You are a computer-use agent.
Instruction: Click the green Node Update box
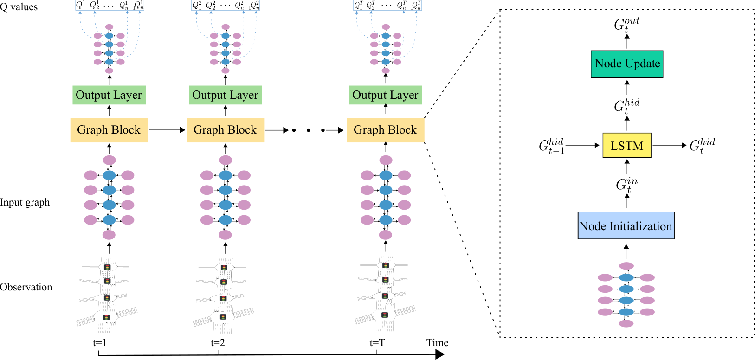point(627,64)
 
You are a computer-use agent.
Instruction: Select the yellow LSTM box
point(627,145)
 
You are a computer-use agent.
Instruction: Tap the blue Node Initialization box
point(626,225)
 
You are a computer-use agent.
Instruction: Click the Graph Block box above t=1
point(109,130)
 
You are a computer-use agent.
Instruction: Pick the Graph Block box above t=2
point(225,130)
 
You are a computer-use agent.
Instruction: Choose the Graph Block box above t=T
point(385,130)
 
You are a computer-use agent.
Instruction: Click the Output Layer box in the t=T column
point(385,95)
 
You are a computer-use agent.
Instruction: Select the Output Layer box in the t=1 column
point(109,95)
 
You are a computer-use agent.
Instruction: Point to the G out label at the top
point(626,25)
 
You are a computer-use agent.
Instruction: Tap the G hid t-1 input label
point(551,146)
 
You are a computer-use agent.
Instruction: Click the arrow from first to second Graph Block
point(168,130)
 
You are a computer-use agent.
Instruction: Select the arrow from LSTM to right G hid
point(670,145)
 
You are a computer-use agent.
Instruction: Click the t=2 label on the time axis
point(218,343)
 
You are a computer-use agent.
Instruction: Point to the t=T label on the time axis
point(377,343)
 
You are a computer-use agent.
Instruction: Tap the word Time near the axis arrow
point(437,343)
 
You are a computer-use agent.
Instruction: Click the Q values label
point(19,7)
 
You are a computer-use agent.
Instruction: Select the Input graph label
point(25,202)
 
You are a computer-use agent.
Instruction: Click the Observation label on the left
point(26,287)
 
